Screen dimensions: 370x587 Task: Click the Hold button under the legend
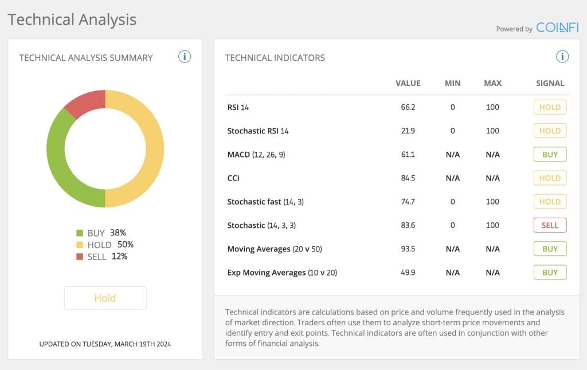(x=105, y=298)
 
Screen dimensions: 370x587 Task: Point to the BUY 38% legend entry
(x=101, y=233)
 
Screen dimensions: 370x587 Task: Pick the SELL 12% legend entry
(x=101, y=257)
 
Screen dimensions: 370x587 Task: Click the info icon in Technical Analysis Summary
(x=184, y=57)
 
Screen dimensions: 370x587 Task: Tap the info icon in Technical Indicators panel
(x=562, y=57)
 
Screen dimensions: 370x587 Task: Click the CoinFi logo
(x=557, y=27)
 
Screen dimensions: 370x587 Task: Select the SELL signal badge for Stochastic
(x=550, y=225)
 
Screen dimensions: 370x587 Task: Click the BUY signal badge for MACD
(x=550, y=155)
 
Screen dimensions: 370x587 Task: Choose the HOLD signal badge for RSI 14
(x=550, y=107)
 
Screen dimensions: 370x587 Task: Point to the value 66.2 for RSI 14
(x=408, y=107)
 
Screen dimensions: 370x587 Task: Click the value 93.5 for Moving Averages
(x=408, y=249)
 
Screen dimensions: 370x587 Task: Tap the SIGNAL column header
(x=550, y=83)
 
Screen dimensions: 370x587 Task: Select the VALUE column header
(x=408, y=83)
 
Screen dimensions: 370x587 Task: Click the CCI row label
(x=233, y=178)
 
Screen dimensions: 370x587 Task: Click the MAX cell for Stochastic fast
(x=492, y=202)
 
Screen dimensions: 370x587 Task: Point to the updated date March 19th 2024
(x=105, y=344)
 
